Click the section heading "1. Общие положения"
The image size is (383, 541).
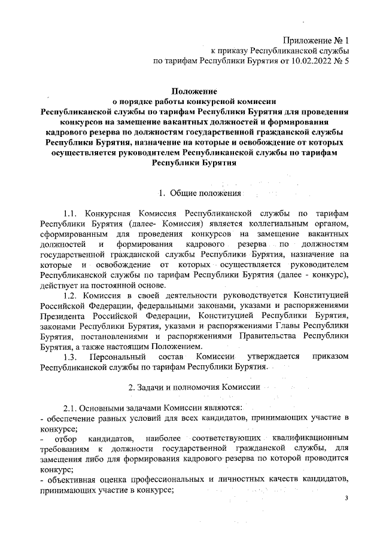point(199,193)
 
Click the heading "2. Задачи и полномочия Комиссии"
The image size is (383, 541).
point(191,387)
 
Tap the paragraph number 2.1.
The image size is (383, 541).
point(72,407)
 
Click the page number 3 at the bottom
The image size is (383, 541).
point(346,499)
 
